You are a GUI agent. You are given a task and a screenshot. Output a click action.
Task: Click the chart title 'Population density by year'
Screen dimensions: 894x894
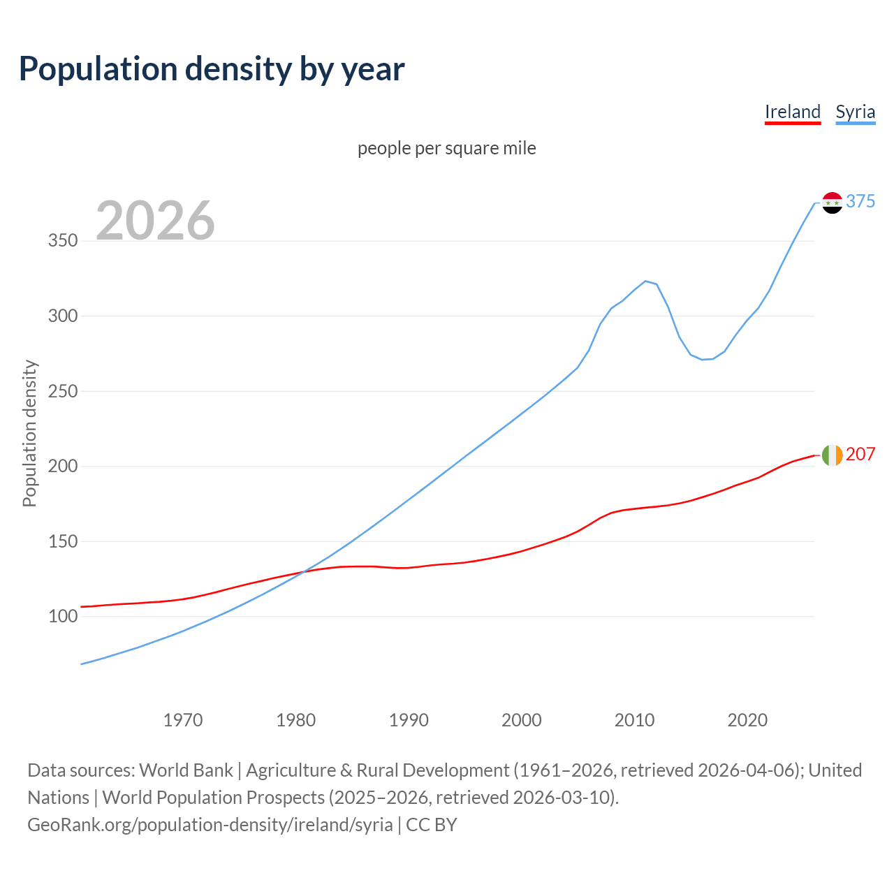[x=212, y=69]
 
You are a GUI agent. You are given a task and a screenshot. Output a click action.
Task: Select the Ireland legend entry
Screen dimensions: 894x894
[x=792, y=112]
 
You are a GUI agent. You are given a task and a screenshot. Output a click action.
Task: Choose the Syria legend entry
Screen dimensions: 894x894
[x=855, y=112]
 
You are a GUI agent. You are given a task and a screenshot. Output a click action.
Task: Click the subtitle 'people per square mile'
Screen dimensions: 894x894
[x=446, y=148]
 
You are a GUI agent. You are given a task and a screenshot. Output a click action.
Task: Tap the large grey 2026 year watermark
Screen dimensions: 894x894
[x=155, y=221]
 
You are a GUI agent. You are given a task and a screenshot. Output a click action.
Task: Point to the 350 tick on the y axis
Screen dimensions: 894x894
[x=62, y=241]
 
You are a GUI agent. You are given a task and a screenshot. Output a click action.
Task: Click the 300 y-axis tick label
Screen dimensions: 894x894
[x=62, y=316]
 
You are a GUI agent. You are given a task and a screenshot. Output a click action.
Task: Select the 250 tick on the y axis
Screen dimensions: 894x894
[x=62, y=391]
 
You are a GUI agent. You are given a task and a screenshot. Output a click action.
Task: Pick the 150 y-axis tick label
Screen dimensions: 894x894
[x=62, y=541]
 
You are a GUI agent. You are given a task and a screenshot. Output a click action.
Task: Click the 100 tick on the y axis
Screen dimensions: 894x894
[x=62, y=616]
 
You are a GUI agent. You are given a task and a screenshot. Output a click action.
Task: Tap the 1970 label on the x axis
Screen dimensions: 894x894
[x=183, y=719]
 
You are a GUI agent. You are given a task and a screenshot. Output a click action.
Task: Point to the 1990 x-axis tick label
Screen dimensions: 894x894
[x=409, y=719]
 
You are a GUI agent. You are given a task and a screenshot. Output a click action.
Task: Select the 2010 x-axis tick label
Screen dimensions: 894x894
[x=634, y=719]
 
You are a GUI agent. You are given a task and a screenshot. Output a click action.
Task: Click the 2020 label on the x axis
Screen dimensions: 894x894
[x=747, y=719]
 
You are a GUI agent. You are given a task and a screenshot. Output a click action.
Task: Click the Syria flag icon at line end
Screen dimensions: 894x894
[x=832, y=203]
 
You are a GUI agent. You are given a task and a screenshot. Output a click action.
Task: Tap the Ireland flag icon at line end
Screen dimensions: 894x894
[x=832, y=455]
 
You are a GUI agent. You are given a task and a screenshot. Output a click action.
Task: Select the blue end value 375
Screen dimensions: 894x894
[x=860, y=201]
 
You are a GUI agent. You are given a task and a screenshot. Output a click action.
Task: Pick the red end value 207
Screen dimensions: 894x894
[x=860, y=454]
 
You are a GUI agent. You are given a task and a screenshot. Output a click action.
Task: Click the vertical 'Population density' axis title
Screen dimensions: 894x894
[x=29, y=433]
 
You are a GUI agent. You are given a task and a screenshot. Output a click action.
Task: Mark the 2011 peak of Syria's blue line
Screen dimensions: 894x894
[x=645, y=281]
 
